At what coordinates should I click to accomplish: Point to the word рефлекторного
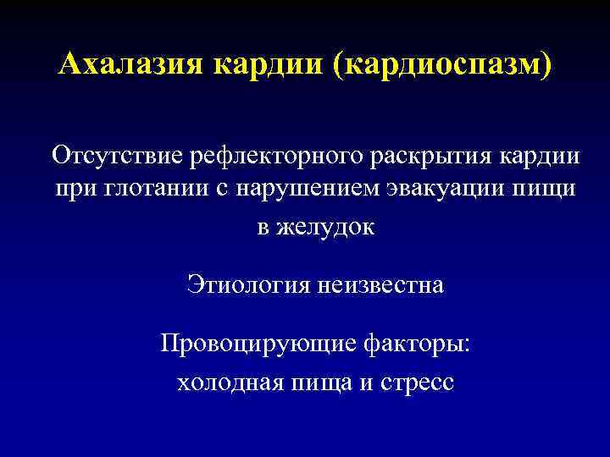[276, 156]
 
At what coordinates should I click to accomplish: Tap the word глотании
[147, 190]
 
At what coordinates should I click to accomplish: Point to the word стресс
[415, 383]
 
